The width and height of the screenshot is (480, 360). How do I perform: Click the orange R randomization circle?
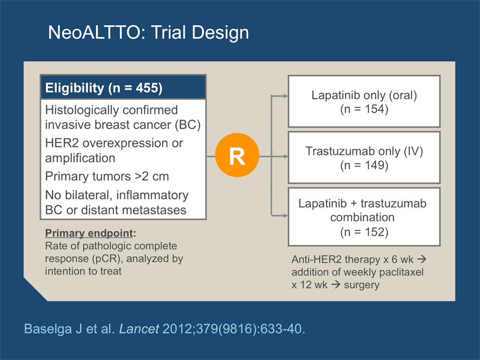click(237, 155)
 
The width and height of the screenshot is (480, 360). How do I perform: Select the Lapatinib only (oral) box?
click(364, 101)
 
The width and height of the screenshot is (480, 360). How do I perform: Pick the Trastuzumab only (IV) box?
click(364, 158)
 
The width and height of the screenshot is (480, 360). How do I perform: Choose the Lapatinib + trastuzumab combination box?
click(364, 217)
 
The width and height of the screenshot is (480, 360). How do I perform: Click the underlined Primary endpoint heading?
click(89, 233)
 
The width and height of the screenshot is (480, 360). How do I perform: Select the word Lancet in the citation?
click(139, 329)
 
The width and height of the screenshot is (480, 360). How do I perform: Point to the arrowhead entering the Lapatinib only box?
click(286, 96)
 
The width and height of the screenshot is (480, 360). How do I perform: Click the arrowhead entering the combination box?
click(286, 215)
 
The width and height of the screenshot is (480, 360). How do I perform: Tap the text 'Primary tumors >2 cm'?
click(107, 176)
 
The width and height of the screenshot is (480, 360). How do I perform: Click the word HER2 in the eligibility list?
click(62, 143)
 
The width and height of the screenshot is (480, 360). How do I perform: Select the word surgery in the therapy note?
click(362, 285)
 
